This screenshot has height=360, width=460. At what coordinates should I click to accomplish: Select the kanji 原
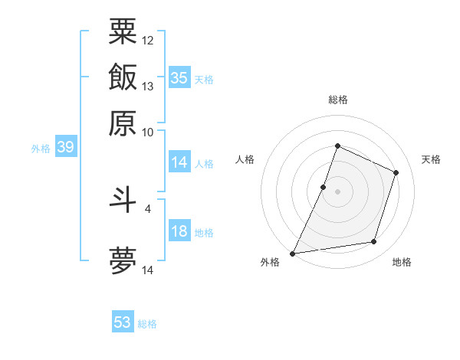tap(123, 123)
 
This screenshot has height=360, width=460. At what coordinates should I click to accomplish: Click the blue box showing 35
tap(179, 78)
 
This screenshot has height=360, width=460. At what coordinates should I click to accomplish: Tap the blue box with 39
tap(65, 148)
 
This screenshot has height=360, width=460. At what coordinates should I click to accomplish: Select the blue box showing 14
tap(179, 162)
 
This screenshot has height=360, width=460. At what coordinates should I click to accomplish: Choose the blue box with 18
tap(179, 232)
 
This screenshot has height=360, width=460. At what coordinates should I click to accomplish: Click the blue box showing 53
tap(123, 322)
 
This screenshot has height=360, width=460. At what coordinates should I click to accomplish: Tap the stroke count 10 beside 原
tap(148, 132)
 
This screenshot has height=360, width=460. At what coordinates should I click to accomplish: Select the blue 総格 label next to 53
tap(147, 324)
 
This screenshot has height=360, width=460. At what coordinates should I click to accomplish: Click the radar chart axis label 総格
tap(337, 100)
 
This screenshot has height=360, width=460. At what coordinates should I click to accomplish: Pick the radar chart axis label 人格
tap(245, 159)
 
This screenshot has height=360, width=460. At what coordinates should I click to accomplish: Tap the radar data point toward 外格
tap(292, 254)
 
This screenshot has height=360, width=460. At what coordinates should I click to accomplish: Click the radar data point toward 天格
tap(396, 172)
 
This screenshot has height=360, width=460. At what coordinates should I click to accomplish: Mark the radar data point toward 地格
tap(374, 242)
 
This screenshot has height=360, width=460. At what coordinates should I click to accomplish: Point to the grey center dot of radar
tap(337, 191)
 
